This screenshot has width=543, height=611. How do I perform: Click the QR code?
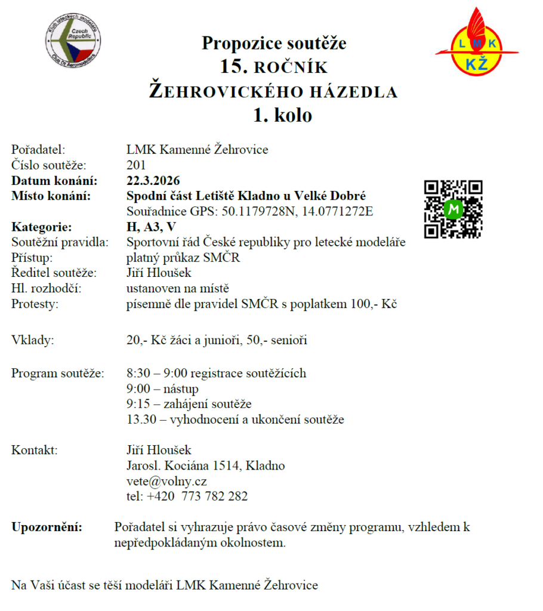pos(453,209)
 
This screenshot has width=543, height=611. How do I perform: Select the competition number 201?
pos(136,165)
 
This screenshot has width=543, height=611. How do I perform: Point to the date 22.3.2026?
pos(153,180)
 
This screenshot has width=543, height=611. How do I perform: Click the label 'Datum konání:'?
pos(54,180)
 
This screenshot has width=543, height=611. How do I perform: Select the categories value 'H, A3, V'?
pos(152,227)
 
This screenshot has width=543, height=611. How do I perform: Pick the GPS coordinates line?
pos(250,211)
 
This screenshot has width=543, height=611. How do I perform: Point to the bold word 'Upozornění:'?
pos(48,527)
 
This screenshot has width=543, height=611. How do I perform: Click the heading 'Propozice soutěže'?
pos(274,43)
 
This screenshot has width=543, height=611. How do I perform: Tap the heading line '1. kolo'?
pos(282,115)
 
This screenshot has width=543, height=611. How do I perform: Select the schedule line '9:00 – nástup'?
pos(163,388)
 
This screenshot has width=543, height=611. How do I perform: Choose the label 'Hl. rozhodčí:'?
pos(46,289)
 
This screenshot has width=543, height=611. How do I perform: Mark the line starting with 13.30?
pos(235,419)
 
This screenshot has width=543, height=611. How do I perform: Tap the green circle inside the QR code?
pos(454,209)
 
